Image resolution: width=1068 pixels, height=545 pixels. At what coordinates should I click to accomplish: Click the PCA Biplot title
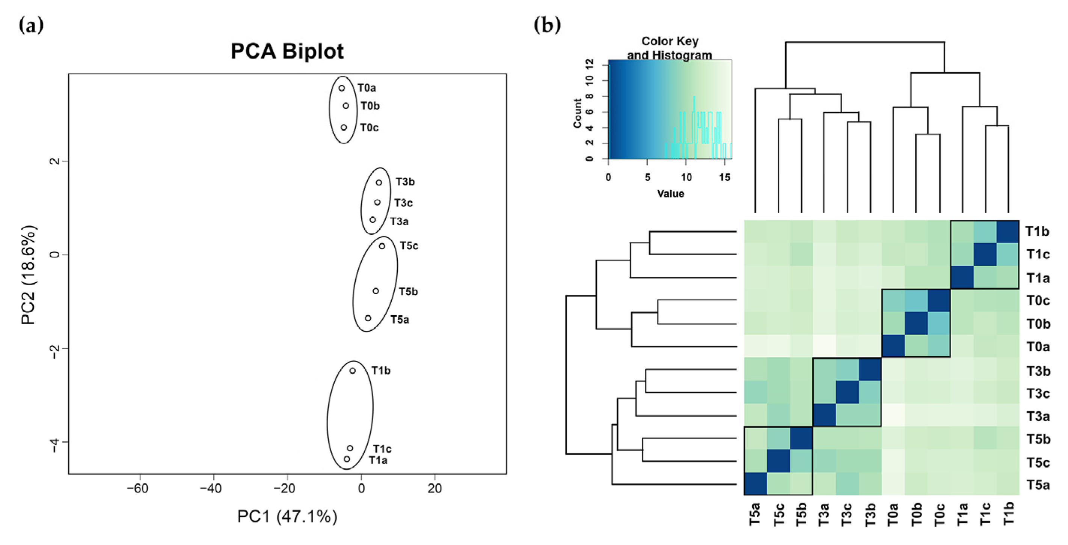[287, 51]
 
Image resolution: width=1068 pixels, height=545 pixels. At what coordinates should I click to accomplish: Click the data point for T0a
[342, 88]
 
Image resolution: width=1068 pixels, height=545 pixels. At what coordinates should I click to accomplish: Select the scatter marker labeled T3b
[379, 182]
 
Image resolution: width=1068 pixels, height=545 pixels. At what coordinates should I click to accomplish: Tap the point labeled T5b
[376, 291]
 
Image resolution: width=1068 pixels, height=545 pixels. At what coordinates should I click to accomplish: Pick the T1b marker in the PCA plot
[352, 370]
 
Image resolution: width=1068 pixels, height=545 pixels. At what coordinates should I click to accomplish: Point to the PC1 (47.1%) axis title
[287, 516]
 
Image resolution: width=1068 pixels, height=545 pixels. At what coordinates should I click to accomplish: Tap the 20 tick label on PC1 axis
[434, 489]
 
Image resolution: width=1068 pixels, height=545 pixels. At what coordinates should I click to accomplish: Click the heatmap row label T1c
[1037, 254]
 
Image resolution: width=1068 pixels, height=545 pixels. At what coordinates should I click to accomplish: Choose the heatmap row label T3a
[1037, 416]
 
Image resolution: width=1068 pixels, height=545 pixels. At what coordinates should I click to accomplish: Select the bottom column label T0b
[917, 514]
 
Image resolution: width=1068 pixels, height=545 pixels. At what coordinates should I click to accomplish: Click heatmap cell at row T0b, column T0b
[916, 323]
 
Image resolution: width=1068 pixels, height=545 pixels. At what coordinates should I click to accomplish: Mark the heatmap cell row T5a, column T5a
[756, 484]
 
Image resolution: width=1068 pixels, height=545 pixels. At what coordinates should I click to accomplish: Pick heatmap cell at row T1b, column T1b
[1008, 232]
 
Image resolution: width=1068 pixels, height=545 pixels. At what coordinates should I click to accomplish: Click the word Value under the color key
[670, 194]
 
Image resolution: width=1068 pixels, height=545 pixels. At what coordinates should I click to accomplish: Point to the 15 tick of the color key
[724, 178]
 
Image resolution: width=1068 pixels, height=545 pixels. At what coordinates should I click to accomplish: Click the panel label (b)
[547, 26]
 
